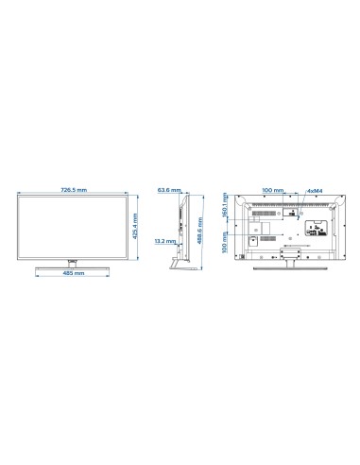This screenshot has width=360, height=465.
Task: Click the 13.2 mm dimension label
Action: (161, 242)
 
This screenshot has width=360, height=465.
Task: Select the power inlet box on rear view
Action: (252, 239)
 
